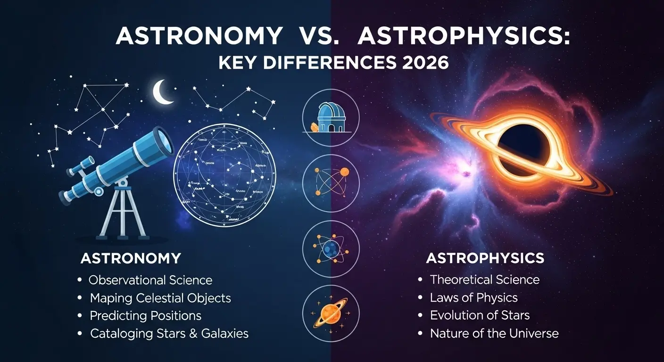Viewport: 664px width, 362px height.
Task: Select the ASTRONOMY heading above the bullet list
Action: [131, 258]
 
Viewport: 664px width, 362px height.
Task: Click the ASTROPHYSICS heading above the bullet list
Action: [485, 258]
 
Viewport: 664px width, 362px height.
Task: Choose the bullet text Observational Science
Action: [150, 280]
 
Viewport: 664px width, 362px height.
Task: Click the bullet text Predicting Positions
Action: [145, 315]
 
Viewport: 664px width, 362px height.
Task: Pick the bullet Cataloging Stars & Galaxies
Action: [169, 333]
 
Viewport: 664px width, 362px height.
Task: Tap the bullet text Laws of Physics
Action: [473, 297]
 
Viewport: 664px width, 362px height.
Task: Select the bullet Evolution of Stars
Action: [480, 315]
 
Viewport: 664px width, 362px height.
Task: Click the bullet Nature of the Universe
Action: [494, 333]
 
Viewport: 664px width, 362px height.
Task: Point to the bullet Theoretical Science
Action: [484, 280]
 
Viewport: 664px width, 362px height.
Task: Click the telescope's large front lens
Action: [163, 140]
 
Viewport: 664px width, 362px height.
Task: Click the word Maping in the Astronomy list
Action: [107, 298]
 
